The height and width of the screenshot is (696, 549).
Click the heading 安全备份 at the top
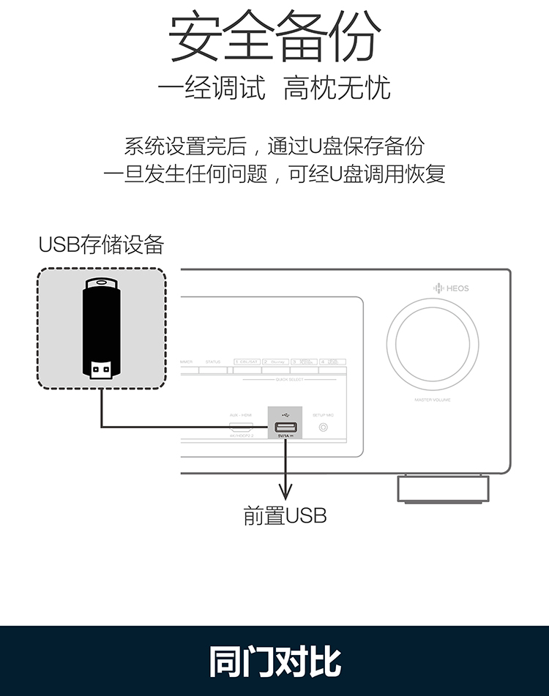274,37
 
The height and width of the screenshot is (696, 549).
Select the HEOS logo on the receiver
451,288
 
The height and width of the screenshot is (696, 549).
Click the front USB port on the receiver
285,427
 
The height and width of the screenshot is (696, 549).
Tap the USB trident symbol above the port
285,415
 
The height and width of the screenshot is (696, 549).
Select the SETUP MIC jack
323,427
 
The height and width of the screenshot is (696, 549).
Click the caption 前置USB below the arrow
285,516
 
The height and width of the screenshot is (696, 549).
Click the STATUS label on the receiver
212,362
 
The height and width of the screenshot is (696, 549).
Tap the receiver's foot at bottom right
443,489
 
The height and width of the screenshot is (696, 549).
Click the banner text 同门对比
274,661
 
